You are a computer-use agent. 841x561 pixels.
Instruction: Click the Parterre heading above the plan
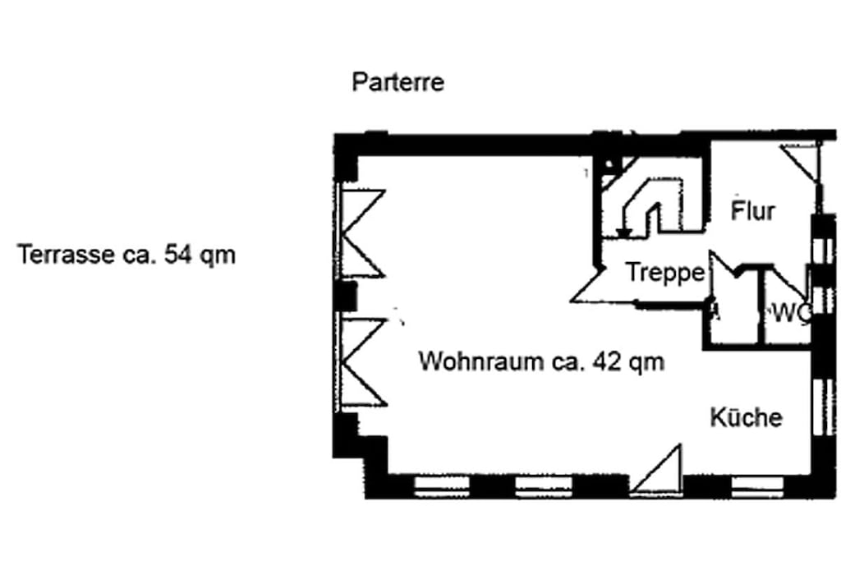point(398,82)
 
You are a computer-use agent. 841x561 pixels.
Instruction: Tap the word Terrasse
point(66,254)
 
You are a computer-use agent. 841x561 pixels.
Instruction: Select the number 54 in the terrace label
point(177,254)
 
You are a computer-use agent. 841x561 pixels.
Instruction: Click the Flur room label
point(753,210)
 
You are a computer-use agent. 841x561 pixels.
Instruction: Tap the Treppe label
point(665,273)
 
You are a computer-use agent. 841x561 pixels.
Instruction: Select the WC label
point(789,313)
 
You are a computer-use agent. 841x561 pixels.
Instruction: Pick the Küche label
point(746,416)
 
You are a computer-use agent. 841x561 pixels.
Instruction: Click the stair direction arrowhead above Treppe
point(623,232)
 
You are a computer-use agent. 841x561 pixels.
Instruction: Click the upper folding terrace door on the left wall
point(362,233)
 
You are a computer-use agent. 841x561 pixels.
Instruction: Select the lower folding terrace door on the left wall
point(362,362)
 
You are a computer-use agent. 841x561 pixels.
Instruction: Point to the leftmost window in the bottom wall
point(442,486)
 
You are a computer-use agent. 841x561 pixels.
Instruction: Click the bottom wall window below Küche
point(757,486)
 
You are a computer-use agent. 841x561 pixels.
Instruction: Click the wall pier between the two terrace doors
point(346,297)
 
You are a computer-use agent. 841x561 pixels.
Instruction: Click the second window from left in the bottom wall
point(544,486)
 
